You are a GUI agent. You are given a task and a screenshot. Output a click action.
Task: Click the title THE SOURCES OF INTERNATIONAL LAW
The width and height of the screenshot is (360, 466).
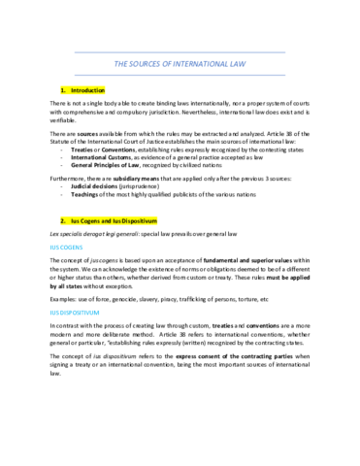(180, 66)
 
